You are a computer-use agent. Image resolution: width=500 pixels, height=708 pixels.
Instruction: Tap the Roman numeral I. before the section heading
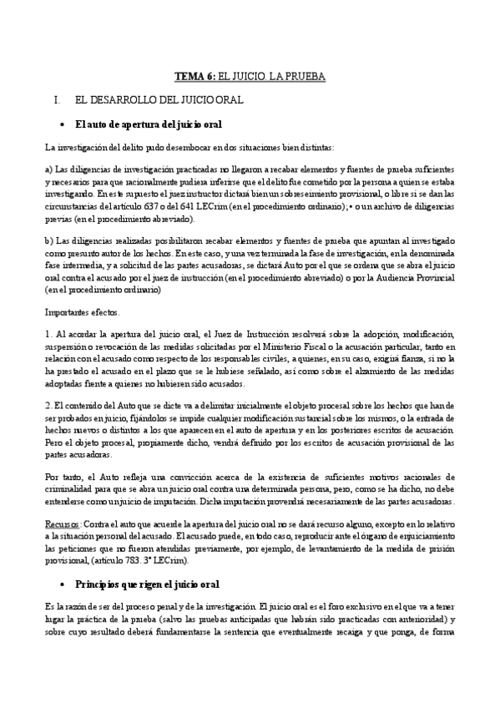click(57, 99)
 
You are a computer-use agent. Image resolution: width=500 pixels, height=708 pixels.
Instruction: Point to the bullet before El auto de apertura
click(64, 124)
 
